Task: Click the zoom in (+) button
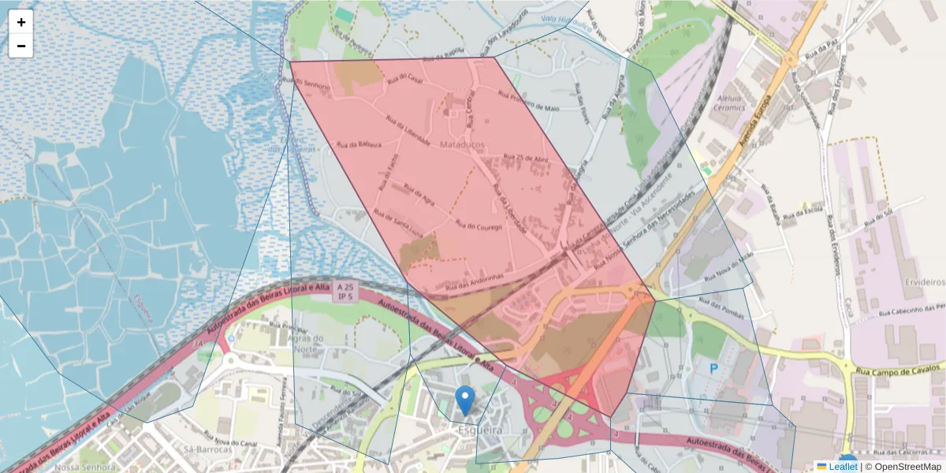point(21,22)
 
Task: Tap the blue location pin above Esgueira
point(466,400)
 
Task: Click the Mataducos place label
point(466,146)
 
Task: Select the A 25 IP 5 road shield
point(345,291)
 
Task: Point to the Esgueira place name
point(479,430)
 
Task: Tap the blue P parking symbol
point(714,368)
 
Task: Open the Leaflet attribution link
point(843,466)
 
